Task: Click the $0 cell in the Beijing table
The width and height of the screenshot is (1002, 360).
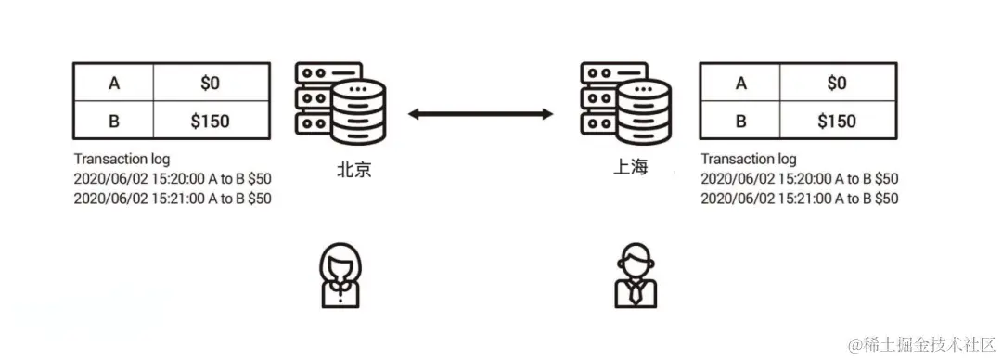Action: [x=212, y=83]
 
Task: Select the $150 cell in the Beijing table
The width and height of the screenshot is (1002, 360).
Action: [x=212, y=121]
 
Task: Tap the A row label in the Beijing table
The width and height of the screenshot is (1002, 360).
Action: [x=114, y=83]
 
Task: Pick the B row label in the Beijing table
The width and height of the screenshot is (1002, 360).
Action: [x=114, y=121]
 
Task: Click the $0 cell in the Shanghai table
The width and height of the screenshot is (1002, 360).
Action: [x=836, y=83]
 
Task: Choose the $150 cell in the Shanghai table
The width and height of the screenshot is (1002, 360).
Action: [x=836, y=121]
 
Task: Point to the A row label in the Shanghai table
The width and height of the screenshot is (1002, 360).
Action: [x=740, y=83]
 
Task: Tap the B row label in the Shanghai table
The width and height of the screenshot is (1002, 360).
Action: [x=740, y=121]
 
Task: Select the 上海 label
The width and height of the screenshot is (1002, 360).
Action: [x=628, y=168]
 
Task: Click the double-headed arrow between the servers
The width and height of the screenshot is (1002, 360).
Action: [x=481, y=114]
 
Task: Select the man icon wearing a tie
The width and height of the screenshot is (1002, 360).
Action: [x=636, y=276]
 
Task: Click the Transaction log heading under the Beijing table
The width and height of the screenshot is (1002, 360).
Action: [x=122, y=159]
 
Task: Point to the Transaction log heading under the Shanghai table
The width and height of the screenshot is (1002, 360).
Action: [x=749, y=159]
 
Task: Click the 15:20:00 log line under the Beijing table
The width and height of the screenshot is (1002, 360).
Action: [x=172, y=178]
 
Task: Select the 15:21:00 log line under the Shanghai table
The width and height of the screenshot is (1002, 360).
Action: [x=799, y=198]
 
